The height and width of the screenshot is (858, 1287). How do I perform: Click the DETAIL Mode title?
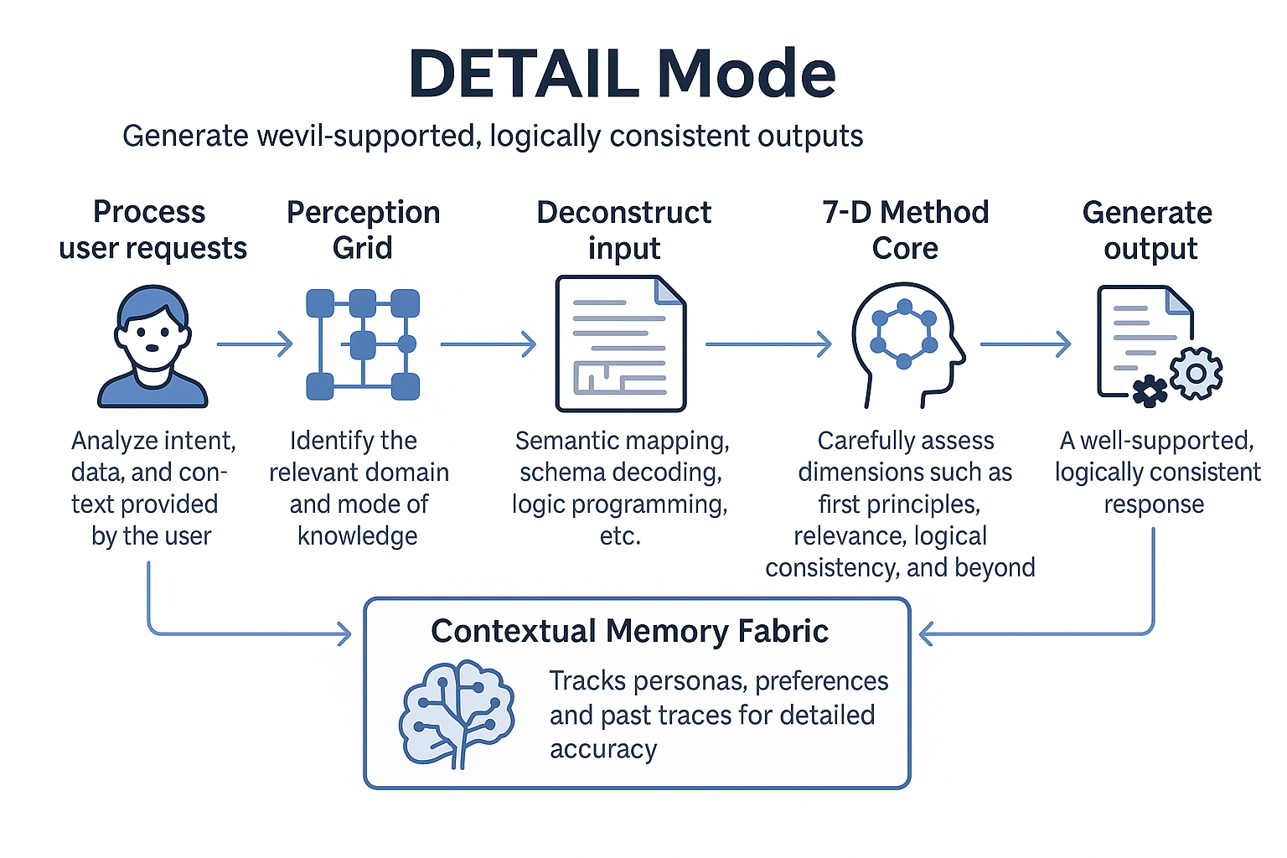coord(622,74)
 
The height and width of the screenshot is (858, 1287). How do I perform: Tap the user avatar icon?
coord(152,347)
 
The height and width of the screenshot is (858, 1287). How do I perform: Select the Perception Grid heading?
coord(363,230)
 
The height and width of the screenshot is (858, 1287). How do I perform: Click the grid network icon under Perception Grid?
coord(363,344)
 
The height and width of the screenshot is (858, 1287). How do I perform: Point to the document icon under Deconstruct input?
coord(621,344)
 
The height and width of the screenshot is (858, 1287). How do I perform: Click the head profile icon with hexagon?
coord(906,344)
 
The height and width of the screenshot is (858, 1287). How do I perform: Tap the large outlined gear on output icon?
coord(1196,373)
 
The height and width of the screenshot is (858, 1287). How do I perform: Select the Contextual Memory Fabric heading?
coord(629,631)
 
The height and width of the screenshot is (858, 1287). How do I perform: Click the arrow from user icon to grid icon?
coord(255,344)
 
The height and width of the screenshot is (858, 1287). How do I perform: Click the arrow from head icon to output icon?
coord(1026,344)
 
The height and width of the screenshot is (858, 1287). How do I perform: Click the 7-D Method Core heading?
coord(905,230)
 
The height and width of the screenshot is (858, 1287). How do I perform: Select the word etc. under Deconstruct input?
coord(620,536)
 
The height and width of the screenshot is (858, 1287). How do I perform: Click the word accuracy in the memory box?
coord(603,749)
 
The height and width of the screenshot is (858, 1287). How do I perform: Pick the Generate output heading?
coord(1148,230)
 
